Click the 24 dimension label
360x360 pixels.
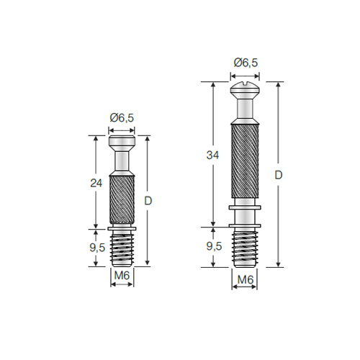click(x=96, y=183)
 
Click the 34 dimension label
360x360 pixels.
click(x=212, y=156)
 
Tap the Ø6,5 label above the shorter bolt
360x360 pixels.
click(x=122, y=118)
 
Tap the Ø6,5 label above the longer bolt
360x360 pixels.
click(x=246, y=63)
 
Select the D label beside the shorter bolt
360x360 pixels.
click(x=148, y=201)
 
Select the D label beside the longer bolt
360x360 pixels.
click(x=279, y=176)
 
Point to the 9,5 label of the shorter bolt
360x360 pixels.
click(x=97, y=248)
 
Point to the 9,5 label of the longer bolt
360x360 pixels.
click(x=214, y=246)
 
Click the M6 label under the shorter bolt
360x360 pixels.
click(x=122, y=276)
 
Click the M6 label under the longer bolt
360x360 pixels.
click(x=246, y=279)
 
